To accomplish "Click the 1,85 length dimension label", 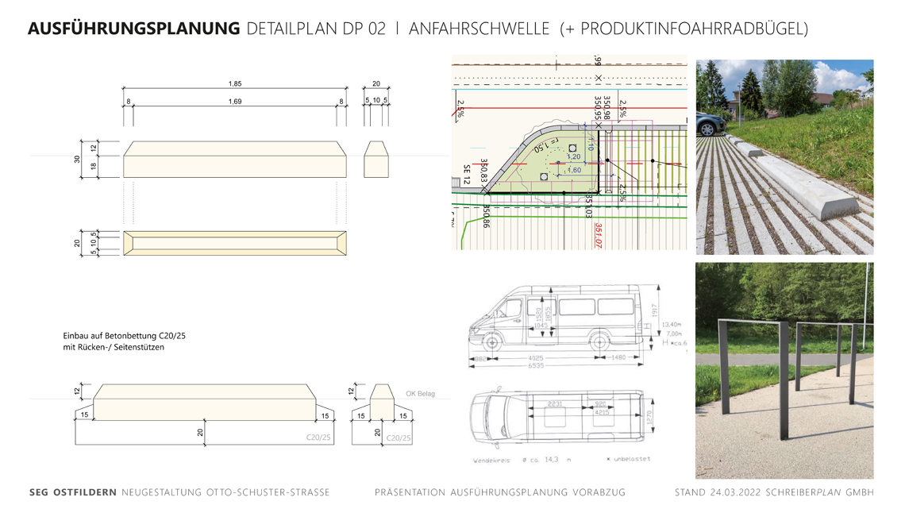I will (x=235, y=83).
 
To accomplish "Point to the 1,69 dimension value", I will (x=235, y=102).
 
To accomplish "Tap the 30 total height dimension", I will (x=78, y=160).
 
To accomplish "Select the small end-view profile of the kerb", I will (x=375, y=160).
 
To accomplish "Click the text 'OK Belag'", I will (x=420, y=394).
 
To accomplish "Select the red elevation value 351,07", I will (x=599, y=235).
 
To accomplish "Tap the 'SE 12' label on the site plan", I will (x=466, y=175).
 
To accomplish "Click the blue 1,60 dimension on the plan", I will (x=573, y=170).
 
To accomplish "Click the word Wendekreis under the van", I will (x=493, y=461).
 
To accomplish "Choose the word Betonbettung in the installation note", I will (x=130, y=336).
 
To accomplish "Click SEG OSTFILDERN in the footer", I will (x=73, y=492).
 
